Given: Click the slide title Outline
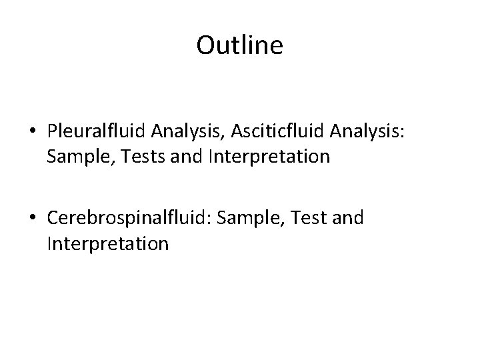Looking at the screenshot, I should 240,45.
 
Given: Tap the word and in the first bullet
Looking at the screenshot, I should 187,157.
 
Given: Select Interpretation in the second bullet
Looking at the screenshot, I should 108,243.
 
